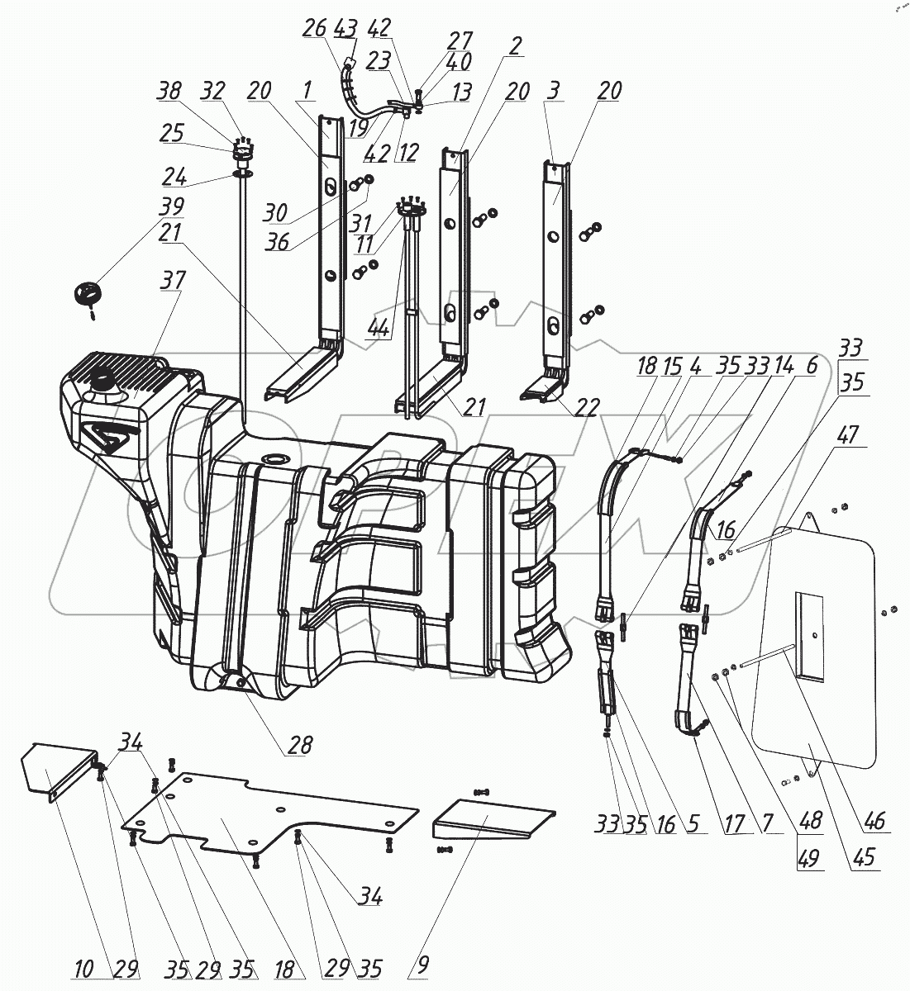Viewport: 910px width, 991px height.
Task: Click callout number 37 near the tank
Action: [x=174, y=282]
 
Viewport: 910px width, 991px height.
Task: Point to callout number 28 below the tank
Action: [x=299, y=746]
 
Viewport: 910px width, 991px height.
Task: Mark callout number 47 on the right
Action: [x=849, y=436]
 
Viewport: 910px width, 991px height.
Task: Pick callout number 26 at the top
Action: [x=314, y=28]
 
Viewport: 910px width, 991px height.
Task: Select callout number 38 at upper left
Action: [x=169, y=92]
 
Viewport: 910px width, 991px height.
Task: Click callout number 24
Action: [x=174, y=177]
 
